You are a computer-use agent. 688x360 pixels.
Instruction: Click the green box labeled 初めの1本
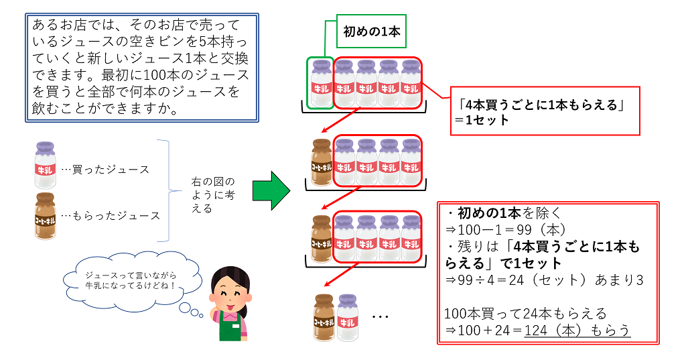tap(370, 32)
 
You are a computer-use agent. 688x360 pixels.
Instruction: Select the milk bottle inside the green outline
tap(320, 83)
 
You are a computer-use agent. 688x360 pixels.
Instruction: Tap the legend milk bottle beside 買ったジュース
tap(46, 165)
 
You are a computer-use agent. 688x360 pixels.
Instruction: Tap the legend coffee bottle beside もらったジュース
tap(46, 215)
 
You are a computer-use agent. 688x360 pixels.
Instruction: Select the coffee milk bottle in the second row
tap(322, 162)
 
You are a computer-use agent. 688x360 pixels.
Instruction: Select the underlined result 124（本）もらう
tap(577, 330)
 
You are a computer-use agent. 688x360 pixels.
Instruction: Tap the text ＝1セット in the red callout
tap(481, 121)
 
